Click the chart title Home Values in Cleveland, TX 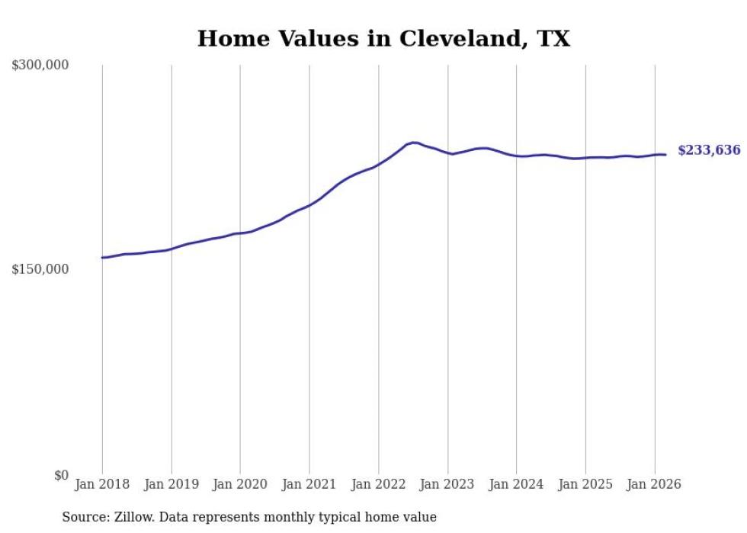tap(383, 39)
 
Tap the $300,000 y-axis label tap(40, 66)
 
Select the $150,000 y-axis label tap(40, 269)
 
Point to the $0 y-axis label tap(61, 475)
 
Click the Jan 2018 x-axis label tap(102, 484)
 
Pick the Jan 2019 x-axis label tap(172, 484)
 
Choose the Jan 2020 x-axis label tap(240, 484)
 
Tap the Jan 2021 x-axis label tap(309, 484)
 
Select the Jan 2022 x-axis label tap(379, 484)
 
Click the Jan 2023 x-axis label tap(447, 484)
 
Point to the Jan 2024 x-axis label tap(517, 484)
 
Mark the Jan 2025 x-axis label tap(585, 484)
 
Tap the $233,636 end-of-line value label tap(709, 151)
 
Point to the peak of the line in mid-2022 tap(413, 142)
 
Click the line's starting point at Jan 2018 tap(102, 258)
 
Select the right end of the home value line tap(665, 155)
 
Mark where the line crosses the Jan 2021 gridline tap(309, 204)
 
